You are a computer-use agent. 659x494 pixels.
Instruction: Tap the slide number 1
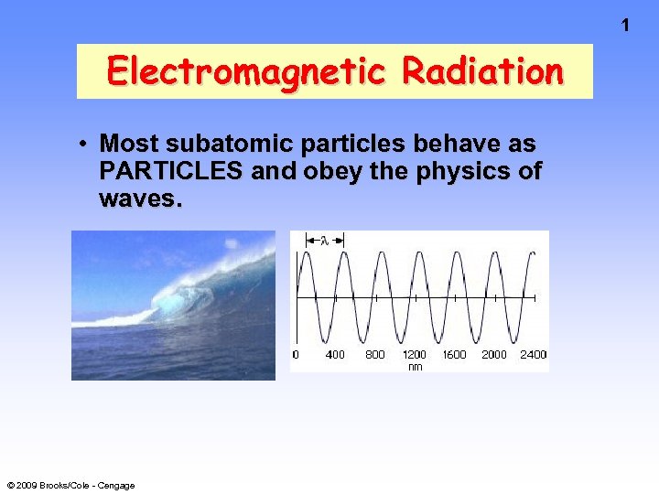pos(625,26)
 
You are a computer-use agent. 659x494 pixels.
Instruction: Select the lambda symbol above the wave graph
pos(324,240)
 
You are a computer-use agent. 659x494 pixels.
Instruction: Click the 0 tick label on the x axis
pos(295,354)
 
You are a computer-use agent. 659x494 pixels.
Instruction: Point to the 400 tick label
pos(335,354)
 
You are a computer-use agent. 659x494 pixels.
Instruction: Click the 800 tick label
pos(375,354)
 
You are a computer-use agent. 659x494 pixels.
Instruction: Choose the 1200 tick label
pos(415,354)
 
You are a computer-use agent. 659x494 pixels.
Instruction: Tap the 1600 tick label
pos(454,354)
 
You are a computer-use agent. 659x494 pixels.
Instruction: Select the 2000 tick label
pos(494,354)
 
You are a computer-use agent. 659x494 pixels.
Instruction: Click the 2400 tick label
pos(533,354)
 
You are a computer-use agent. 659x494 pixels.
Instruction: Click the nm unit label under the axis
pos(415,366)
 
